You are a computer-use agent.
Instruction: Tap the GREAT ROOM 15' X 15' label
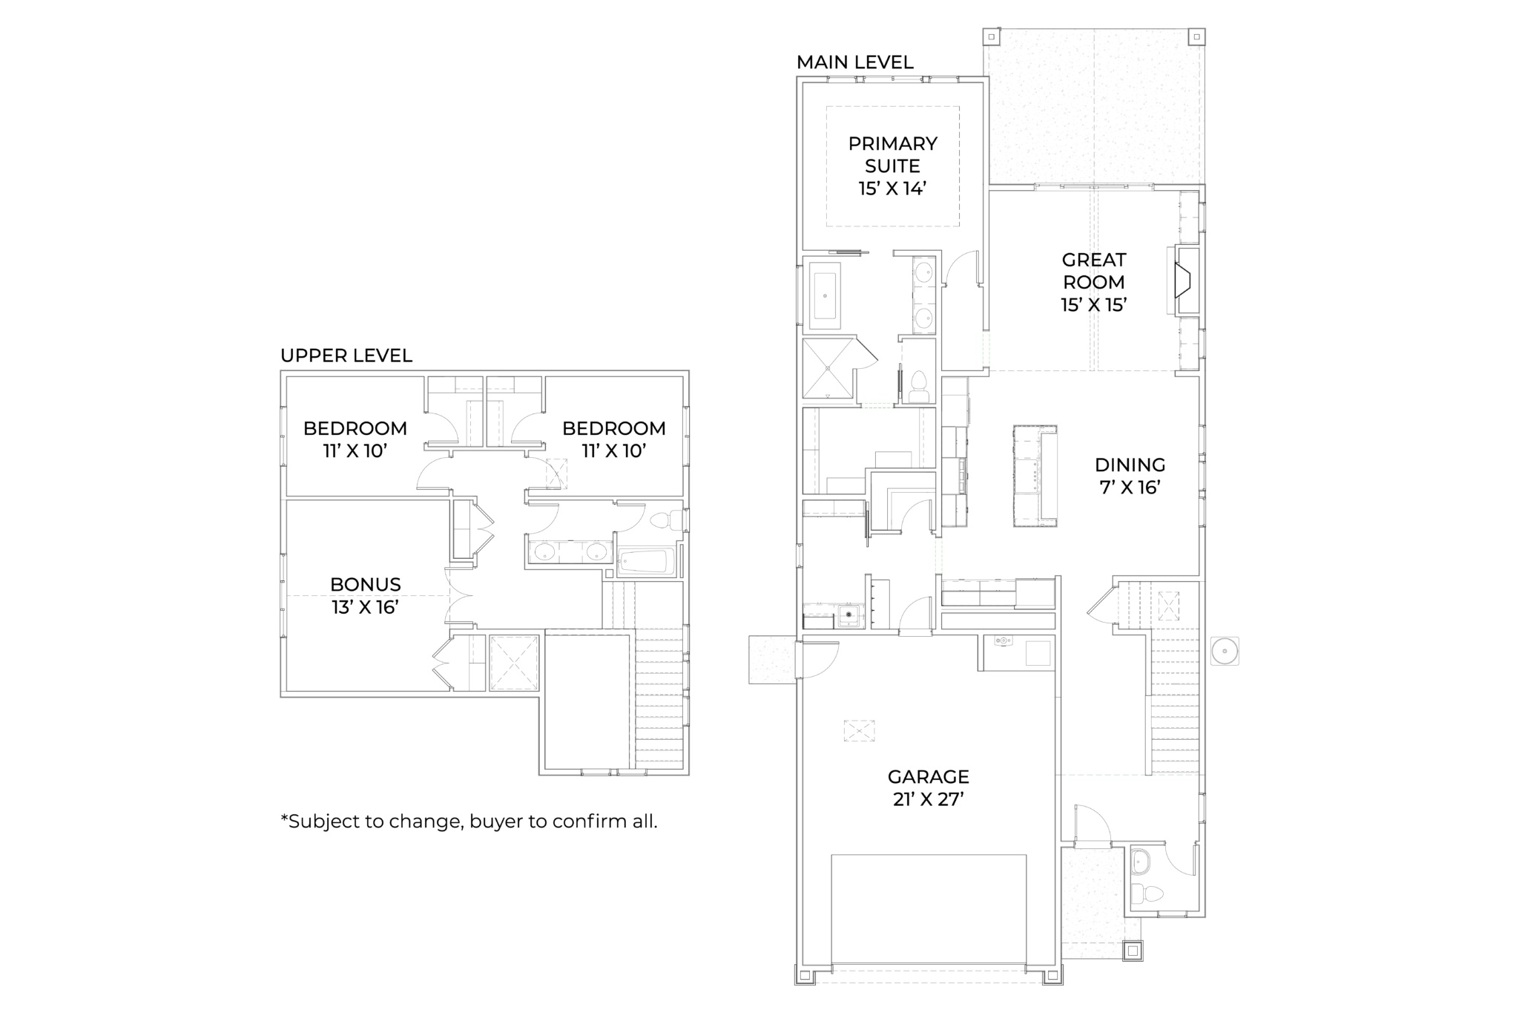pyautogui.click(x=1093, y=282)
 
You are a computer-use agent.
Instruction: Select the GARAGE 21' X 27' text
pyautogui.click(x=928, y=787)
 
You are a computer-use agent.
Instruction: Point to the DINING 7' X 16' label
pyautogui.click(x=1130, y=476)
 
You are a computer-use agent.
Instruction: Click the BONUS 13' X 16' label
pyautogui.click(x=365, y=595)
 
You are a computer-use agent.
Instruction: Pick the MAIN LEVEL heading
pyautogui.click(x=854, y=62)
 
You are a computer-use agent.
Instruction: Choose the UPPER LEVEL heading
pyautogui.click(x=346, y=355)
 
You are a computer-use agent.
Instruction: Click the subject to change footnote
pyautogui.click(x=469, y=822)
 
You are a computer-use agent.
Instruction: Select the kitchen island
pyautogui.click(x=1035, y=476)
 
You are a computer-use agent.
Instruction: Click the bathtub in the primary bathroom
pyautogui.click(x=825, y=295)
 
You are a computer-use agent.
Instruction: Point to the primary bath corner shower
pyautogui.click(x=828, y=370)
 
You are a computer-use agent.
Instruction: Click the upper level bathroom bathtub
pyautogui.click(x=646, y=563)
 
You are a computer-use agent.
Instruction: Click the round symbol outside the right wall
pyautogui.click(x=1224, y=651)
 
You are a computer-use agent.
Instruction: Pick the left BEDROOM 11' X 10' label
pyautogui.click(x=355, y=439)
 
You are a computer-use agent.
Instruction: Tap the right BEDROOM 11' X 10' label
pyautogui.click(x=613, y=439)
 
